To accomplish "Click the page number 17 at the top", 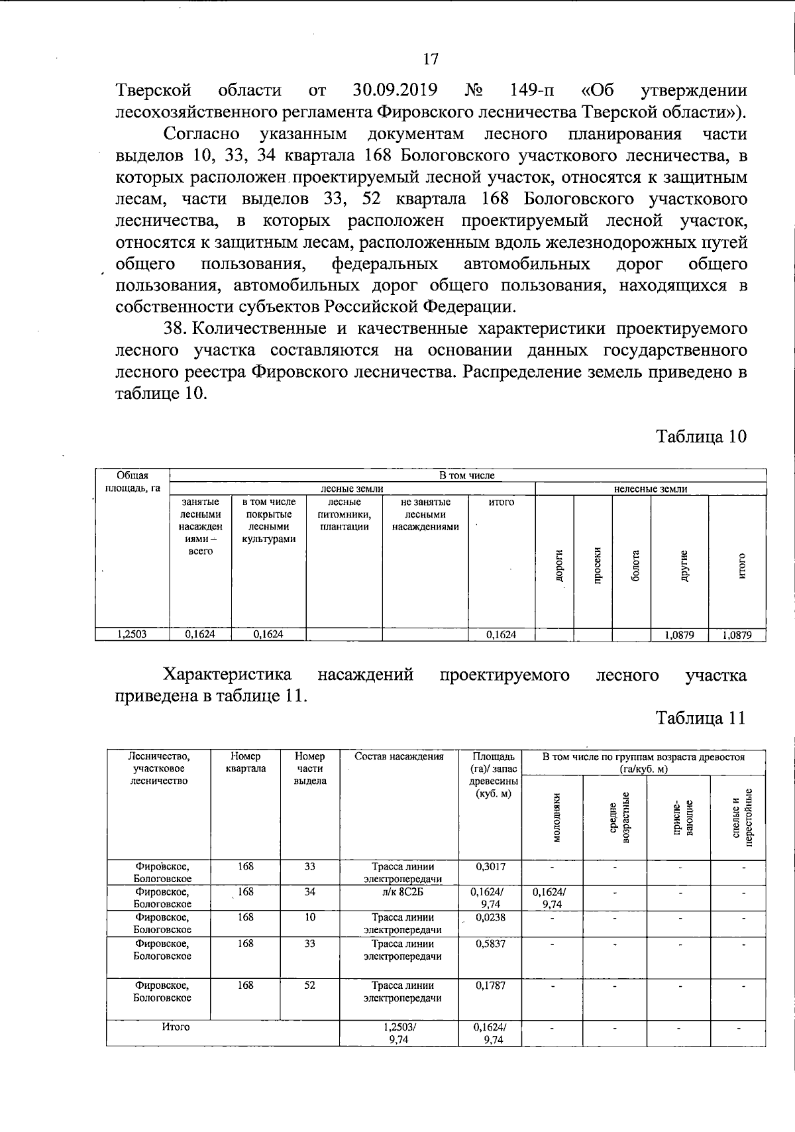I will coord(431,59).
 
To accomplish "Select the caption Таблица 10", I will coord(701,436).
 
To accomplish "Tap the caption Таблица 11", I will coord(701,718).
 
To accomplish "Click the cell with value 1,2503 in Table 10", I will coord(132,634).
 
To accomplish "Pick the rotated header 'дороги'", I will coord(559,565).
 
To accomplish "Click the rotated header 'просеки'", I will coord(597,565).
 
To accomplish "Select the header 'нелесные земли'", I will coord(650,489).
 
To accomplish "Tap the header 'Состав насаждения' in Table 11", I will coord(399,756).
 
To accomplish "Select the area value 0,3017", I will coord(491,866).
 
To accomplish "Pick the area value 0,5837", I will coord(491,943).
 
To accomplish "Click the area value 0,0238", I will coord(491,917).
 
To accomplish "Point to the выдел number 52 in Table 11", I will coord(309,986).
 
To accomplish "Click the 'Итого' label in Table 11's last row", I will coord(176,1027).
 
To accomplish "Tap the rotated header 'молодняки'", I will coord(556,817).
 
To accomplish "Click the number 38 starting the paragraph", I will coord(174,329).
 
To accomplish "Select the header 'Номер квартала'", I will coord(245,762).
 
